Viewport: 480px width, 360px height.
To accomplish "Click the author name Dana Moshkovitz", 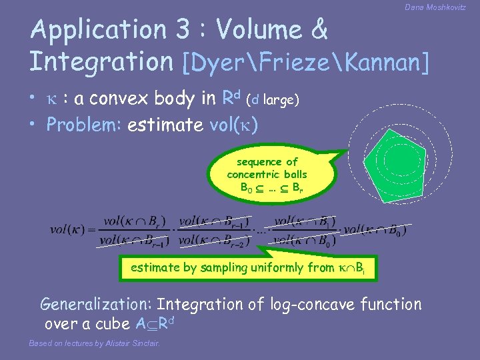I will click(435, 7).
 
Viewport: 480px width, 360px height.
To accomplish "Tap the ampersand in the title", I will click(319, 29).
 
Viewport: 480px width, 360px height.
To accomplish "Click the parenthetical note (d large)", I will click(273, 100).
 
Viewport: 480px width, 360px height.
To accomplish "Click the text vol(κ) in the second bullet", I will click(234, 125).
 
